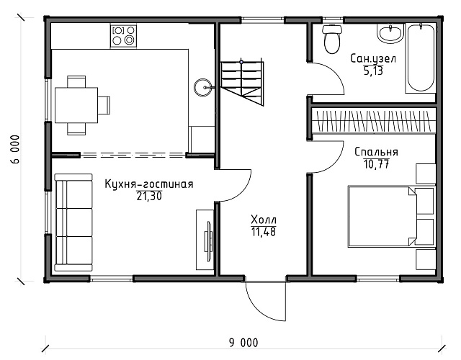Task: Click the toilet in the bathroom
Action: pos(332,40)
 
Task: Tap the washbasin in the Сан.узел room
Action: pos(390,34)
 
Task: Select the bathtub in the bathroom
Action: pos(421,59)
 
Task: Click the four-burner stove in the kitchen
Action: pos(123,36)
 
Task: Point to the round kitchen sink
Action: pos(202,87)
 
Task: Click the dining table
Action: pos(76,105)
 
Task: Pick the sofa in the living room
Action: pos(73,222)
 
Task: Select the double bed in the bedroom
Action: pos(382,216)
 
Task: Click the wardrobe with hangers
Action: pos(373,120)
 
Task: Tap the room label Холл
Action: pos(264,220)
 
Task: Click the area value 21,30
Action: pos(149,196)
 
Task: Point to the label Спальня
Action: pos(376,152)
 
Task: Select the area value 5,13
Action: pos(373,71)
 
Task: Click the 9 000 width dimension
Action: pos(243,343)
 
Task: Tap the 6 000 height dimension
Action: pos(16,149)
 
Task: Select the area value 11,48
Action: pos(264,232)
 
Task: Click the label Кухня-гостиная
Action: pos(149,184)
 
